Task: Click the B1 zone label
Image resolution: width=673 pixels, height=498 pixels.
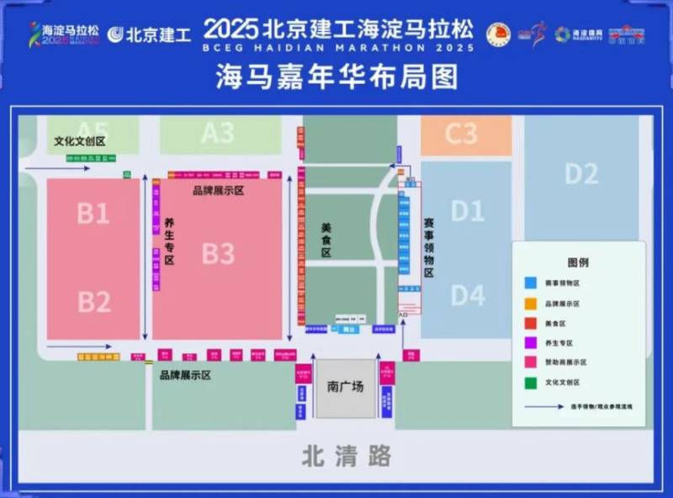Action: [x=93, y=214]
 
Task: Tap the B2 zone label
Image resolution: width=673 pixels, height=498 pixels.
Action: [x=93, y=300]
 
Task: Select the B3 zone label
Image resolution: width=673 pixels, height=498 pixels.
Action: [x=218, y=253]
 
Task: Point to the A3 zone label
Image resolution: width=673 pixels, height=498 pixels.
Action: [x=217, y=133]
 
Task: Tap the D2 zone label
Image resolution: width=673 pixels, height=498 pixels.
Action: [x=581, y=174]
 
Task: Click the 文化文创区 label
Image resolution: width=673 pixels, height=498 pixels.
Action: [x=80, y=141]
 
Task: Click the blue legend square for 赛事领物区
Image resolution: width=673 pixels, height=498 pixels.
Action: [x=531, y=283]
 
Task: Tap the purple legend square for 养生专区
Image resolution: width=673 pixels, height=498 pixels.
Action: [x=531, y=342]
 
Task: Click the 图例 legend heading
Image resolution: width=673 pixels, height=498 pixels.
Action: [x=578, y=262]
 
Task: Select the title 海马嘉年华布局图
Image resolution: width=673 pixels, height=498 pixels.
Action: [x=336, y=78]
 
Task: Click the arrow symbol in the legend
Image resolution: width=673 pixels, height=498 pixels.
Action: [x=543, y=405]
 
